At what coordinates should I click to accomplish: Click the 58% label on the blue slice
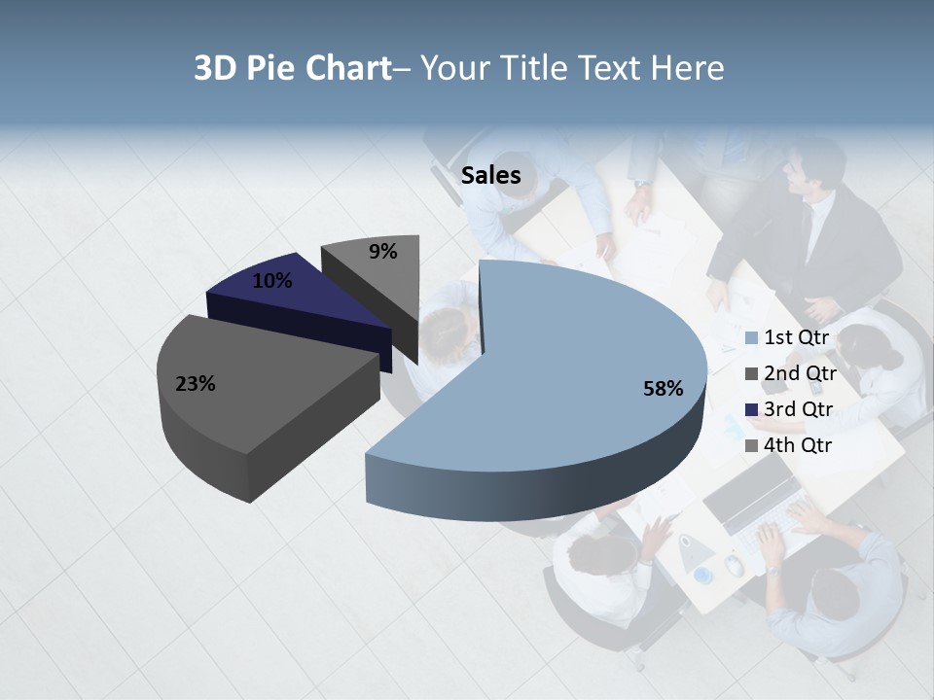click(663, 389)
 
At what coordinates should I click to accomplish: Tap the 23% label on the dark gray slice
click(195, 384)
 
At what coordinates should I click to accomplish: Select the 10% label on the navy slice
click(271, 281)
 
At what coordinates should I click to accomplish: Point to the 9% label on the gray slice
click(382, 252)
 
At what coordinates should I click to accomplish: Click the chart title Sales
click(490, 176)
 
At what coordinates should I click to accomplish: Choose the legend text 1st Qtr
click(797, 337)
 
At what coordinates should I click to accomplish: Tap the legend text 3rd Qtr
click(798, 409)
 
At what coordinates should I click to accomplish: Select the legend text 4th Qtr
click(798, 445)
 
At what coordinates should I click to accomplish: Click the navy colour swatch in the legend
click(752, 410)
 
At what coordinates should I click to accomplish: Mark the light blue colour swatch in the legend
click(752, 338)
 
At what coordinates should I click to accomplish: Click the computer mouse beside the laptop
click(734, 565)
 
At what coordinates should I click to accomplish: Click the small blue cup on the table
click(703, 576)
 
